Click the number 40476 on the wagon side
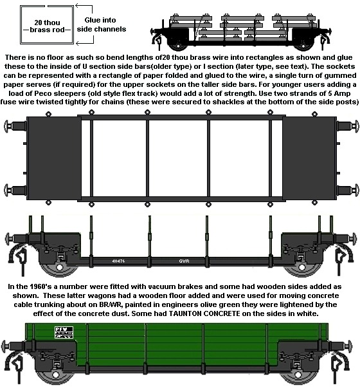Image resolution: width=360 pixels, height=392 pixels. tap(118, 261)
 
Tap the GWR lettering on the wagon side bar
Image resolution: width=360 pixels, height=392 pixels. tap(184, 261)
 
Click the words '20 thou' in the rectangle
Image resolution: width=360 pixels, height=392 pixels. tap(47, 23)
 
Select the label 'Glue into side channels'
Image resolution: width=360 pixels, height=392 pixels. tap(102, 24)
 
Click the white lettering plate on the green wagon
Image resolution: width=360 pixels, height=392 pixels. tap(64, 333)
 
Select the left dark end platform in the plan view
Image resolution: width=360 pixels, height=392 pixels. tap(53, 158)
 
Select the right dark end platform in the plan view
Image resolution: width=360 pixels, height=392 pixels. tap(309, 158)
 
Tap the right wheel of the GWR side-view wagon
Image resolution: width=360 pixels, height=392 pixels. tap(301, 268)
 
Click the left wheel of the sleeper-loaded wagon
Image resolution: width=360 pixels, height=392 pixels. tap(178, 46)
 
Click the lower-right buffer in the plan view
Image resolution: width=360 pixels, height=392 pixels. tap(348, 190)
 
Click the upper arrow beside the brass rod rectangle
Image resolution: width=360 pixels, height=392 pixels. tap(84, 8)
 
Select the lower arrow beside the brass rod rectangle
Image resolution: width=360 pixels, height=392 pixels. tap(85, 41)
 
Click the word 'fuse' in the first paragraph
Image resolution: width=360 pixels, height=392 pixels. tap(8, 102)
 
